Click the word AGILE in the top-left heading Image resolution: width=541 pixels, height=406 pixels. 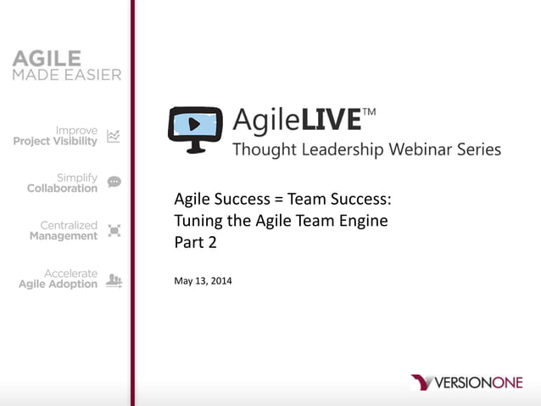pyautogui.click(x=47, y=59)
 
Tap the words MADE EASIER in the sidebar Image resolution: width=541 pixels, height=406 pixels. pyautogui.click(x=67, y=75)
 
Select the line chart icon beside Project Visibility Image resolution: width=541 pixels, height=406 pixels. pyautogui.click(x=114, y=136)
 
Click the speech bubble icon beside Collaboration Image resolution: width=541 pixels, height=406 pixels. pyautogui.click(x=114, y=183)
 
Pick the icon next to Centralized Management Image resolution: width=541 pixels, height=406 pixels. pyautogui.click(x=114, y=231)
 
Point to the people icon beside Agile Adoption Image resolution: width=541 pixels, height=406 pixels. pyautogui.click(x=114, y=279)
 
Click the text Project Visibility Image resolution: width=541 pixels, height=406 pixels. pyautogui.click(x=55, y=141)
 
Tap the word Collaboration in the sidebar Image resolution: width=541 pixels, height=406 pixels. pyautogui.click(x=62, y=189)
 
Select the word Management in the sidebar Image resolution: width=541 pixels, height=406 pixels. pyautogui.click(x=64, y=236)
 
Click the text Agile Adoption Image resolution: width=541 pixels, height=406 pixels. pyautogui.click(x=58, y=285)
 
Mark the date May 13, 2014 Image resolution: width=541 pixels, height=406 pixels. pyautogui.click(x=203, y=280)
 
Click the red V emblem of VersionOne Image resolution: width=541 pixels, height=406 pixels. pyautogui.click(x=421, y=382)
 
